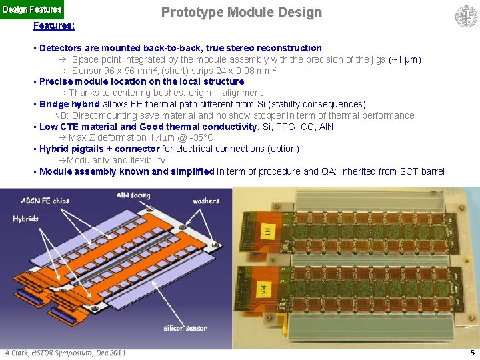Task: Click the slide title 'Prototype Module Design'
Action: click(x=241, y=12)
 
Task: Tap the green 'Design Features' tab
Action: click(x=32, y=9)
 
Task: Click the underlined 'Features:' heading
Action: click(x=54, y=25)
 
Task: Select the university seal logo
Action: click(x=466, y=16)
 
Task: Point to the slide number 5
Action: click(x=472, y=353)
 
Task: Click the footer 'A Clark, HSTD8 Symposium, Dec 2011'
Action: click(x=65, y=353)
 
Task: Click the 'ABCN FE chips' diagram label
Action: click(x=45, y=201)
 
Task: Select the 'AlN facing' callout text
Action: click(x=133, y=195)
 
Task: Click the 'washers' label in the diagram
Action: click(x=206, y=201)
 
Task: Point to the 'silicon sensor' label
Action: click(x=185, y=328)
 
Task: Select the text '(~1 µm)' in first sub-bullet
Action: click(x=405, y=59)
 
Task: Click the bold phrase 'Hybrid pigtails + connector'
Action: click(x=99, y=149)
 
